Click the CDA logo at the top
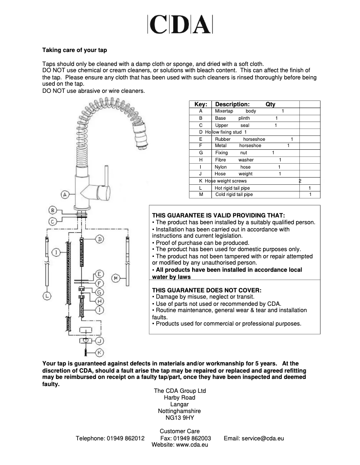(180, 25)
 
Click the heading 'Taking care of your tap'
(75, 50)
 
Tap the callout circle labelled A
(65, 195)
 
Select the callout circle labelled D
(100, 239)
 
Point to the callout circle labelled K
(100, 352)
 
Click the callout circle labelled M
(116, 278)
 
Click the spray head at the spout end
(140, 134)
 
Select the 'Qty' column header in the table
(270, 104)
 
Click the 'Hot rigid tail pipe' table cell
(232, 188)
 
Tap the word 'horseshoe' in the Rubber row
(254, 139)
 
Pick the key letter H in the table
(201, 160)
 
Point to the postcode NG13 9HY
(180, 417)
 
